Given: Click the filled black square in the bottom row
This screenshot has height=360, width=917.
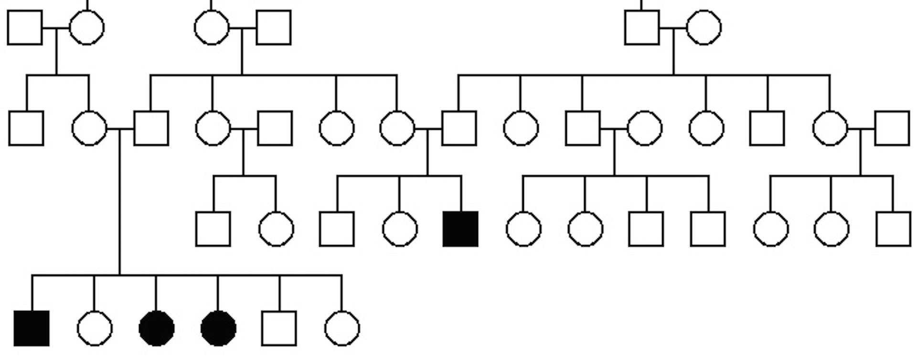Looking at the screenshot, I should tap(32, 328).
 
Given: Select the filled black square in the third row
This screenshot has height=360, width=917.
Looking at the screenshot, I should tap(460, 229).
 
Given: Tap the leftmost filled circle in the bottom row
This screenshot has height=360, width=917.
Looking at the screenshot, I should tap(157, 328).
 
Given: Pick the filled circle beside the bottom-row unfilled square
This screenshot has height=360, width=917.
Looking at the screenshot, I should tap(218, 328).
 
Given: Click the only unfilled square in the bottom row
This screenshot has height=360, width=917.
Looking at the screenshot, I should tap(279, 328).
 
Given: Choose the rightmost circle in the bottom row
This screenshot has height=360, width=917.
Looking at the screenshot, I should tap(342, 328).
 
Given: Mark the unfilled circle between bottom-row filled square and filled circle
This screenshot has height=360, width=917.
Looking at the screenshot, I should tap(95, 328).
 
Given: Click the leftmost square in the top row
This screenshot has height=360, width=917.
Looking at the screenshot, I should tap(25, 28).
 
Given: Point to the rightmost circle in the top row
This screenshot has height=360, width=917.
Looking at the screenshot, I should tap(704, 28).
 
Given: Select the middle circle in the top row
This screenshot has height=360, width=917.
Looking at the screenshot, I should tap(212, 28).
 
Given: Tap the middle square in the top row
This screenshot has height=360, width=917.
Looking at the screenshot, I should tap(274, 28).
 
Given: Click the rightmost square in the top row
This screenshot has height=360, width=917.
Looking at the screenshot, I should tap(642, 28).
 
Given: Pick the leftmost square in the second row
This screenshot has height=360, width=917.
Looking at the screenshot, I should tap(26, 128).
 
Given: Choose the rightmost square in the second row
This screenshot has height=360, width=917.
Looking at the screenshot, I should tap(892, 128).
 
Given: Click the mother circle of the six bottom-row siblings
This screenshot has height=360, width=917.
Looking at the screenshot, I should tap(89, 128).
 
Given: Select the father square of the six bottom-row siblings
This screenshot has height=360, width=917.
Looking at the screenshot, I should tap(151, 128).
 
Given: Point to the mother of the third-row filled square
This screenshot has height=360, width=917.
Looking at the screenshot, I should tap(397, 128).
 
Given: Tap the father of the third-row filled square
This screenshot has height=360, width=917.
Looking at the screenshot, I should tap(459, 128).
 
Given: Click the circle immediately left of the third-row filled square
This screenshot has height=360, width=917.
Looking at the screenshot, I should tap(400, 229).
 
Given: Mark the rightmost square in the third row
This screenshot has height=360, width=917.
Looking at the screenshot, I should tap(893, 229).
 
